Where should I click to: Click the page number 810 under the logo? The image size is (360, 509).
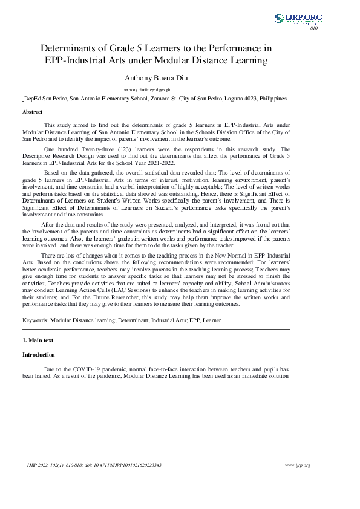(x=313, y=28)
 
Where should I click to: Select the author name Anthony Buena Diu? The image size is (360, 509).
(x=155, y=78)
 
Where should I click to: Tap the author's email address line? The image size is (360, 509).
(x=155, y=89)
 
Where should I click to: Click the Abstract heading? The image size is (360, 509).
(x=33, y=112)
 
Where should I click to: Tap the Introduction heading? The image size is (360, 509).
(x=38, y=354)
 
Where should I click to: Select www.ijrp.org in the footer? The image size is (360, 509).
(x=297, y=465)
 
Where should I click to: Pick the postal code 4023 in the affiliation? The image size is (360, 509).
(x=249, y=98)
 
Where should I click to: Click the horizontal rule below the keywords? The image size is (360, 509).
(x=155, y=329)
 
